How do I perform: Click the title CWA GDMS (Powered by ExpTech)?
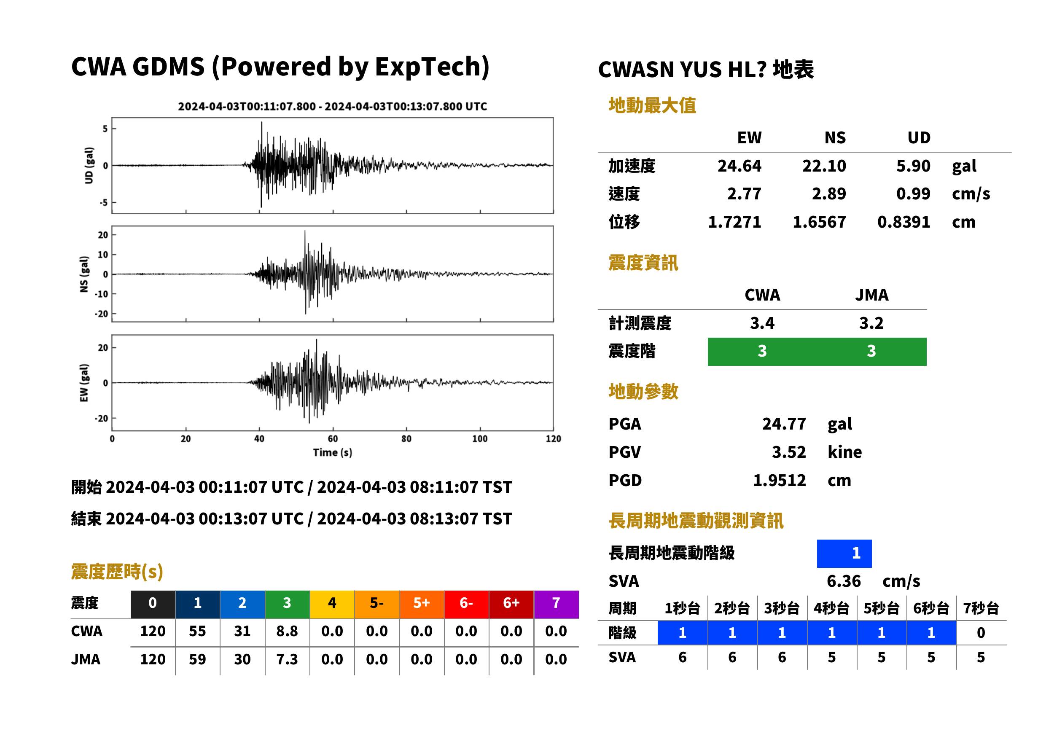[280, 67]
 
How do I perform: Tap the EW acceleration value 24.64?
[739, 166]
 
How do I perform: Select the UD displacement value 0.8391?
[903, 222]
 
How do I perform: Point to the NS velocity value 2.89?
[828, 193]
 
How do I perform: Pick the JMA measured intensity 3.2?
[871, 323]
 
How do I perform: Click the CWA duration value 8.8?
[287, 631]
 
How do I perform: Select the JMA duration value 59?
[197, 659]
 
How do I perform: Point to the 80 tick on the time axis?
[406, 439]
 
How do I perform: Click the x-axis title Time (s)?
[333, 453]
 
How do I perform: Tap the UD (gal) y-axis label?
[89, 166]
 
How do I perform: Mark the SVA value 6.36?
[844, 581]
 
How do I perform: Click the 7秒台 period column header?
[981, 609]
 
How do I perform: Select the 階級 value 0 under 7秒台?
[981, 633]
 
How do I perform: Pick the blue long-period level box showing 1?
[844, 554]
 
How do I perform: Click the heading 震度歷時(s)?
[117, 572]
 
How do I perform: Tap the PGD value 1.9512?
[779, 481]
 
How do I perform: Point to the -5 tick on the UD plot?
[105, 203]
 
